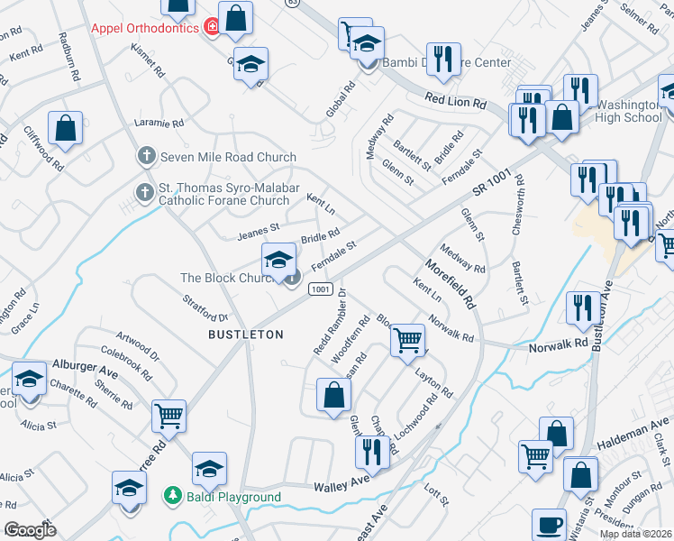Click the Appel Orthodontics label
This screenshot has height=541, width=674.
[144, 28]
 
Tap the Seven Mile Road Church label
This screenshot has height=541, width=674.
[228, 157]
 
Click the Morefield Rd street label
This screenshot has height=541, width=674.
[451, 282]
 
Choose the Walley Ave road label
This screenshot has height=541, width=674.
[342, 487]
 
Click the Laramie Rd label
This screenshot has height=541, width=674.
[159, 122]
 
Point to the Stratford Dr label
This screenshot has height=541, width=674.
[206, 307]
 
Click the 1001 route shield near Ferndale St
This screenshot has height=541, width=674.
[319, 288]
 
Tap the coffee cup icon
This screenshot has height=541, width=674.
[550, 525]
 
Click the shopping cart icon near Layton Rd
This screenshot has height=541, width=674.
[407, 340]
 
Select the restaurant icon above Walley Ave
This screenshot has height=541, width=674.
[369, 451]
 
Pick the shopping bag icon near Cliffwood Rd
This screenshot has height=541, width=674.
[66, 127]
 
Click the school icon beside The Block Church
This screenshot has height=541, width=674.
[279, 261]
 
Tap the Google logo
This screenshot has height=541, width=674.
[31, 530]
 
